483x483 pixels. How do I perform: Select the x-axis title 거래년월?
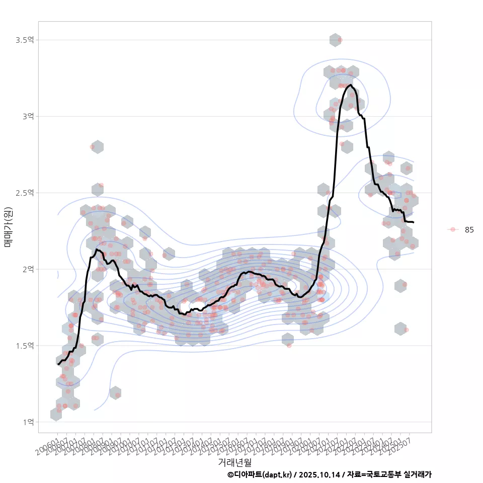pos(234,462)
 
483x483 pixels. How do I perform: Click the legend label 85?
pos(469,229)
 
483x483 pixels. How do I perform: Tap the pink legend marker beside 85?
pos(453,229)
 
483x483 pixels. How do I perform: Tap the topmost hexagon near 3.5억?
pos(336,40)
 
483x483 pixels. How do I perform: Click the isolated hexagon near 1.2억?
pos(115,393)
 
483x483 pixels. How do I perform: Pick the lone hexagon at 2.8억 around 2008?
pos(98,147)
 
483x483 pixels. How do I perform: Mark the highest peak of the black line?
pos(350,85)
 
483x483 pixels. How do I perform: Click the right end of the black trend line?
pos(413,222)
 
